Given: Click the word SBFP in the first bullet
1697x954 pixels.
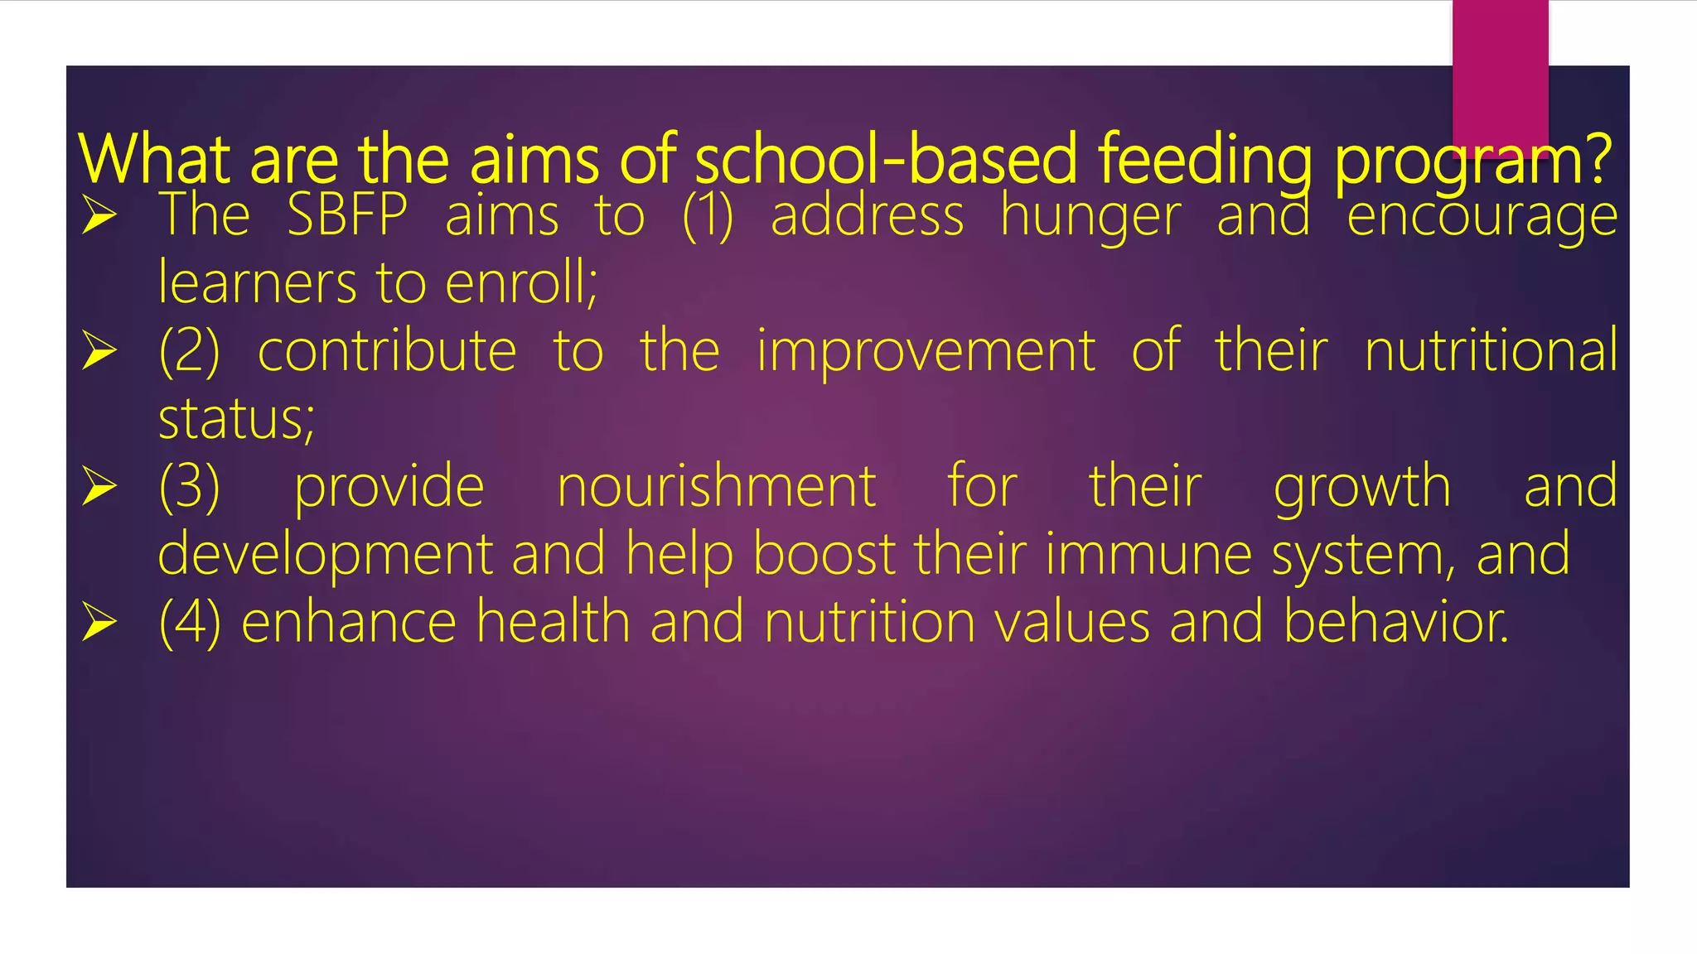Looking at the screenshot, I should pos(346,215).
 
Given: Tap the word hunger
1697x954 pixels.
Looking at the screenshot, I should pos(1090,217).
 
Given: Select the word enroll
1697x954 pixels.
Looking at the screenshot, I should pos(520,283).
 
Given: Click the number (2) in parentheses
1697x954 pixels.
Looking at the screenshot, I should pos(190,351).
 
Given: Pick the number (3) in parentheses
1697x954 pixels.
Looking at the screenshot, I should pos(190,487).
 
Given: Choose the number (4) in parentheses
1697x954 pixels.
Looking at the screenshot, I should pos(190,623).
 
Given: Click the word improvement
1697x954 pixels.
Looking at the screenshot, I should pos(926,352).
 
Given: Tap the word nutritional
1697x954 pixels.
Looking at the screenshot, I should pos(1490,351).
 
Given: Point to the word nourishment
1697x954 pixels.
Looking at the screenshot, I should pos(716,487).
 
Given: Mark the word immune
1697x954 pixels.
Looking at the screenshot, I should pos(1148,554).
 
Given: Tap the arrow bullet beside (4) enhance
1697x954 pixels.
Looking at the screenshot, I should pos(99,623).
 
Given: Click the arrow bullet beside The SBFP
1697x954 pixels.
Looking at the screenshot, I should pos(99,216).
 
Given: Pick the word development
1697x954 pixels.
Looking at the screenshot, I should pos(325,556).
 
